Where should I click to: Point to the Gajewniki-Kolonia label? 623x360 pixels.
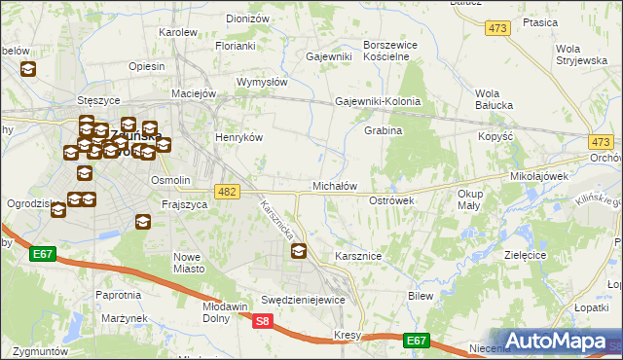point(378,101)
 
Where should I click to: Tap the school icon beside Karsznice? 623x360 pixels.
point(299,252)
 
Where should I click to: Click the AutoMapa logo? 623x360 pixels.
point(555,342)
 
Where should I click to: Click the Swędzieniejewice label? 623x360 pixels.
point(303,300)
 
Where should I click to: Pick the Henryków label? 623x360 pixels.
point(239,138)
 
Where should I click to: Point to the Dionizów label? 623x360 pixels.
point(246,18)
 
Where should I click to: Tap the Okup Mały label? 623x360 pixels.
point(469,199)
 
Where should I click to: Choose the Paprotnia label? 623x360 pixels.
point(118,294)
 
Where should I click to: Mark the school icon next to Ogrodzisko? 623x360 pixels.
point(58,209)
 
